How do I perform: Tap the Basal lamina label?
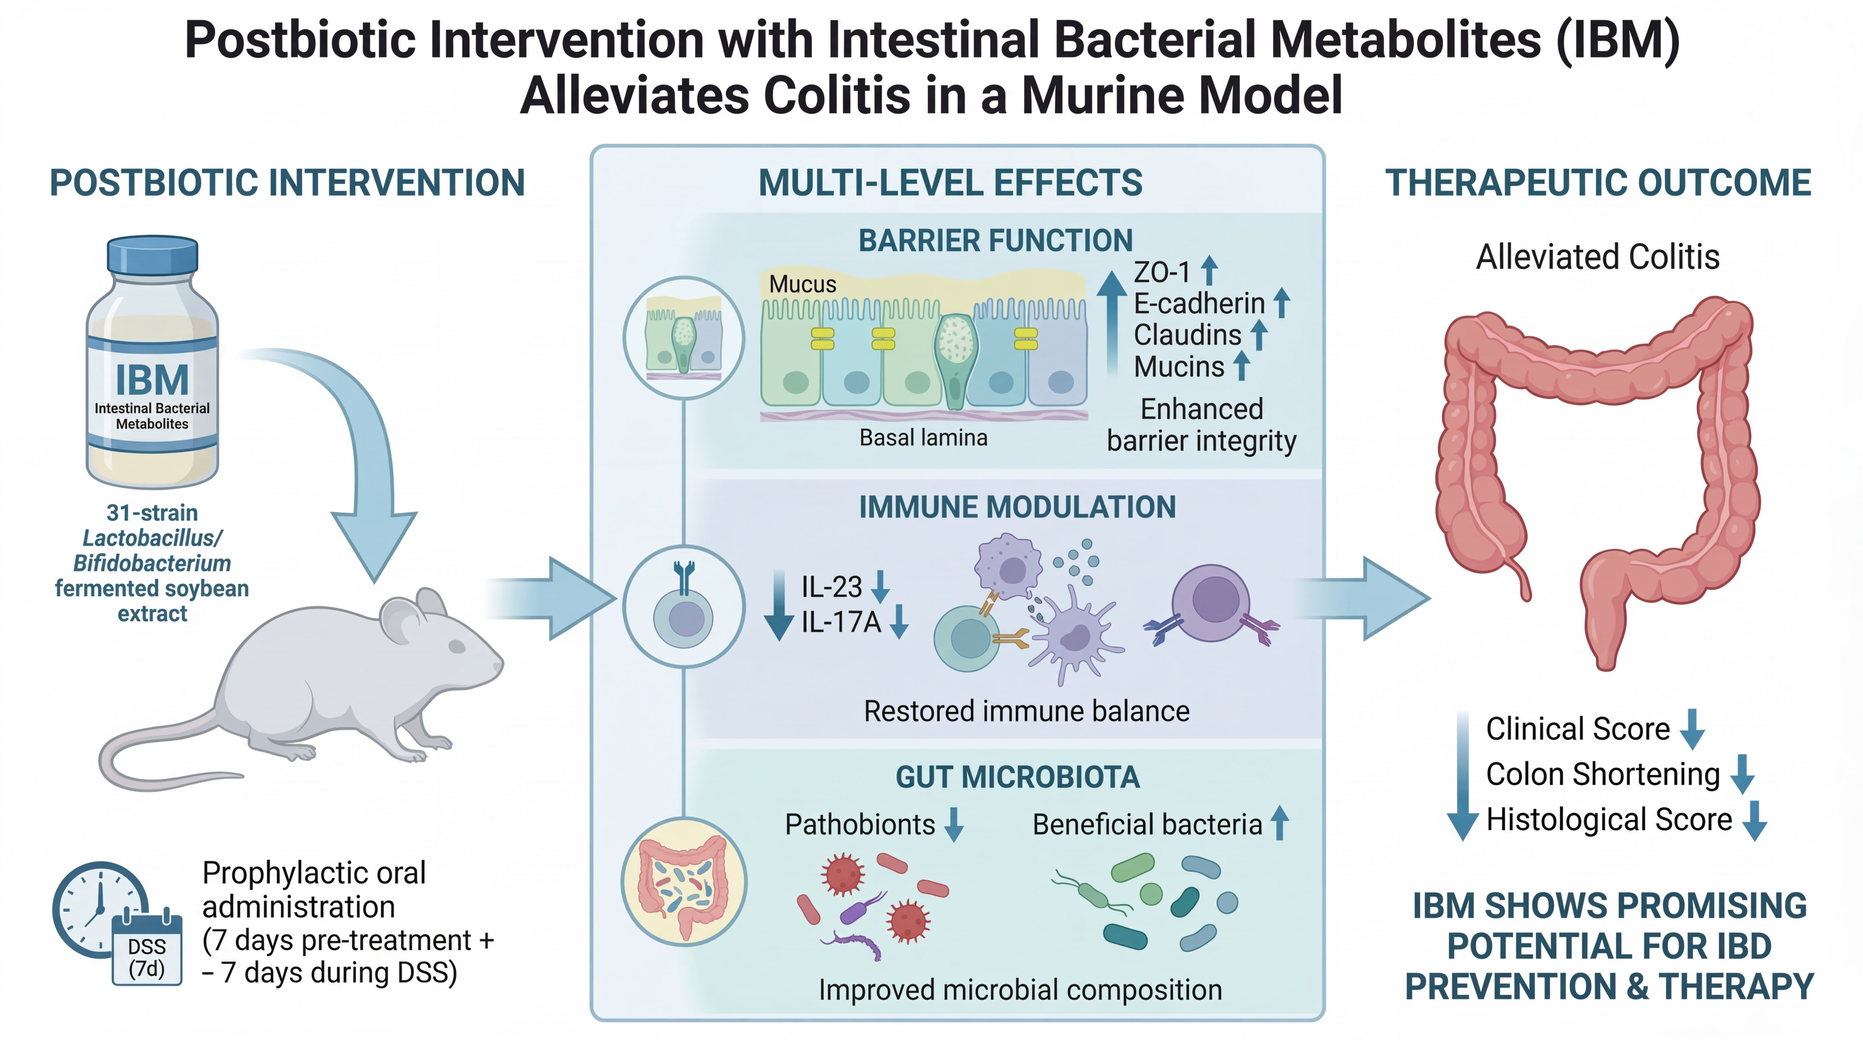[923, 437]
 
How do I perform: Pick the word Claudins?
[1187, 335]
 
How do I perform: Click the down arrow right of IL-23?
[880, 587]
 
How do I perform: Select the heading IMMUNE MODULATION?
[1017, 508]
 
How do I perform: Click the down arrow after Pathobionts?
[954, 824]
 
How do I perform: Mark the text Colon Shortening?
[1603, 775]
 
